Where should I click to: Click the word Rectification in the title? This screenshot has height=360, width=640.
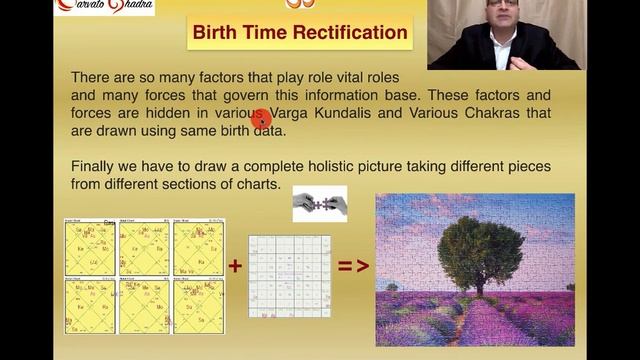346,32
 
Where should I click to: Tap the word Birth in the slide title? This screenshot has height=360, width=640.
215,32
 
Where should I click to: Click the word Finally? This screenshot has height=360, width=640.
97,165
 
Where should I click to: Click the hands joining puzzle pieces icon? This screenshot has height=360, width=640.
319,203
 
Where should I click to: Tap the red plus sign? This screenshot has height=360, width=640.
235,266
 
